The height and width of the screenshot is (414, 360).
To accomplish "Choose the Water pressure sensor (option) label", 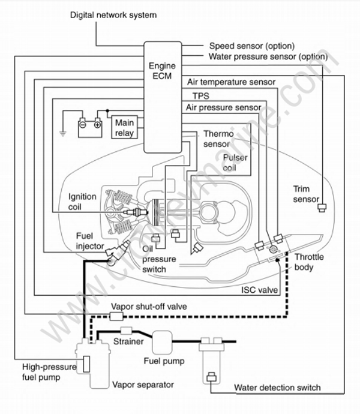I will (x=268, y=57).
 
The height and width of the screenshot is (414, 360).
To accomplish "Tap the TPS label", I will (x=196, y=95).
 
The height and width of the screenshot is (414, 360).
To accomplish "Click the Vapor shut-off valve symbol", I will (x=117, y=316).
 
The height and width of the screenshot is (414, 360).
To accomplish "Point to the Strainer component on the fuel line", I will (x=127, y=331).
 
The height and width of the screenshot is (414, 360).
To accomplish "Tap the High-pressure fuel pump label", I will (x=44, y=371).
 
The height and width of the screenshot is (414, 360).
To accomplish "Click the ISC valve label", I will (x=259, y=290).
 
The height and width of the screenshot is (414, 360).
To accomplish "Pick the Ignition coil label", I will (x=82, y=200).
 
